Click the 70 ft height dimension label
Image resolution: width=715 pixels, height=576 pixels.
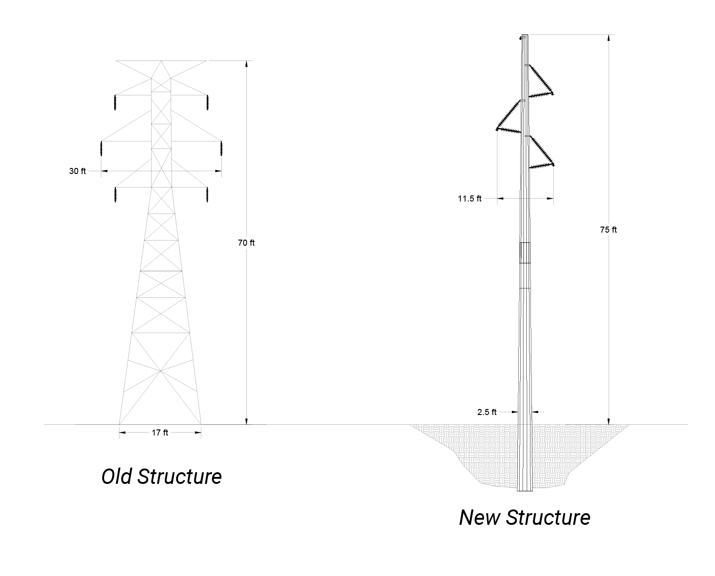[246, 243]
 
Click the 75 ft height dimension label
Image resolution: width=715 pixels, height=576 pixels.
[608, 230]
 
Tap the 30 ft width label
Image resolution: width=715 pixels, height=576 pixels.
[78, 171]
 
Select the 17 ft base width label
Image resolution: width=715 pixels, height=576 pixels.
[160, 433]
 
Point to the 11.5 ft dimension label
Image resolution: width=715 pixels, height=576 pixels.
[470, 199]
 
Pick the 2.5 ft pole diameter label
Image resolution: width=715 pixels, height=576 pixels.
[487, 412]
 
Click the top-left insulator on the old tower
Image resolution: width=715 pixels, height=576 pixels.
[114, 103]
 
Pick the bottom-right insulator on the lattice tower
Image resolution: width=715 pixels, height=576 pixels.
[207, 194]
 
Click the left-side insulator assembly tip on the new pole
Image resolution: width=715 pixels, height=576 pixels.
[497, 128]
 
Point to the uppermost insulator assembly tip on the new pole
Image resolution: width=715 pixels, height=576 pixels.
[553, 94]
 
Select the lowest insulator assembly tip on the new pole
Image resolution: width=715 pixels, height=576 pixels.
[553, 164]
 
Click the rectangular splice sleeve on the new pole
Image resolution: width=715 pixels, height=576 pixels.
[524, 253]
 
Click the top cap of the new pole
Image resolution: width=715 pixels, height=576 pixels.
[524, 36]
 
